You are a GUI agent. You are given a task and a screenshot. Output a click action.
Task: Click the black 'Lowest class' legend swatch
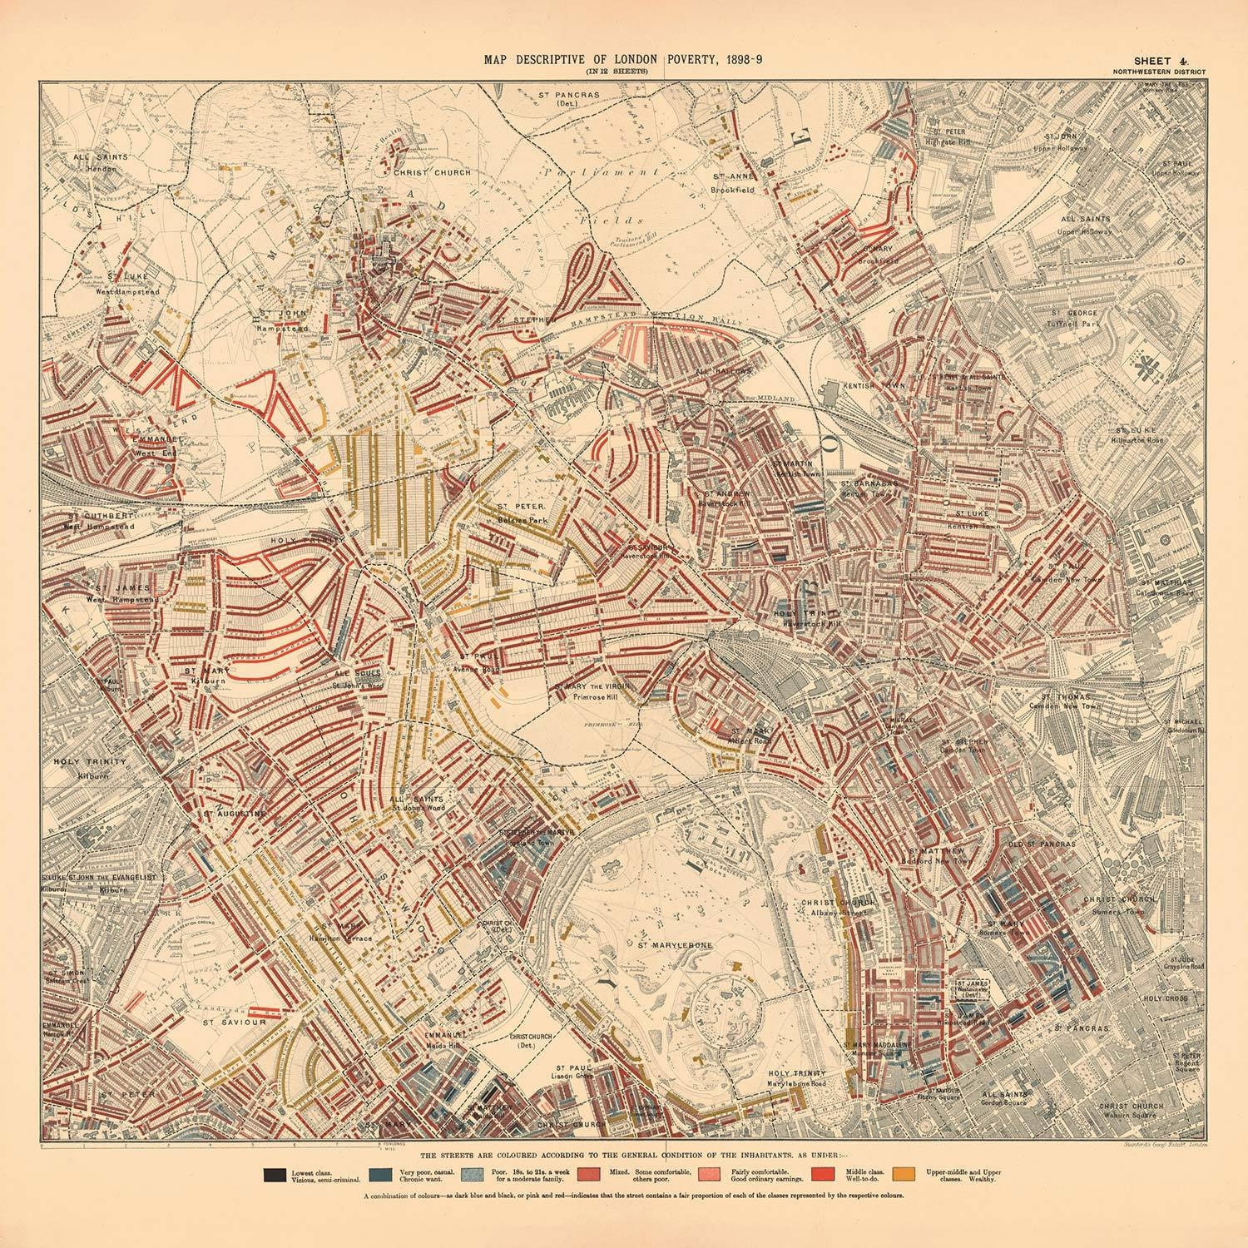(x=272, y=1175)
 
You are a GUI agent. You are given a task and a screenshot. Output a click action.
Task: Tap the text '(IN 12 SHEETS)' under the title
(x=615, y=72)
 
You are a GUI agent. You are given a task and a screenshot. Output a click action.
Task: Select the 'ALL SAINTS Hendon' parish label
(x=92, y=161)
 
